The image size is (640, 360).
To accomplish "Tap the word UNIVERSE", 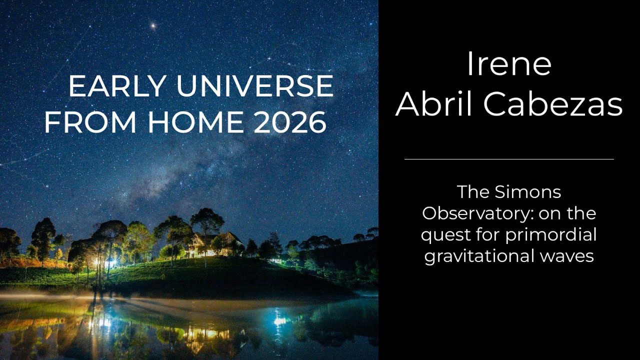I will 254,86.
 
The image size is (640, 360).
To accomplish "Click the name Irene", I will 509,64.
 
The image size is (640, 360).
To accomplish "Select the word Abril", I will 435,104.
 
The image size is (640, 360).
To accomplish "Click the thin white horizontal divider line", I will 509,159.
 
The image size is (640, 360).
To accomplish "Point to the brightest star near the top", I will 153,25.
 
